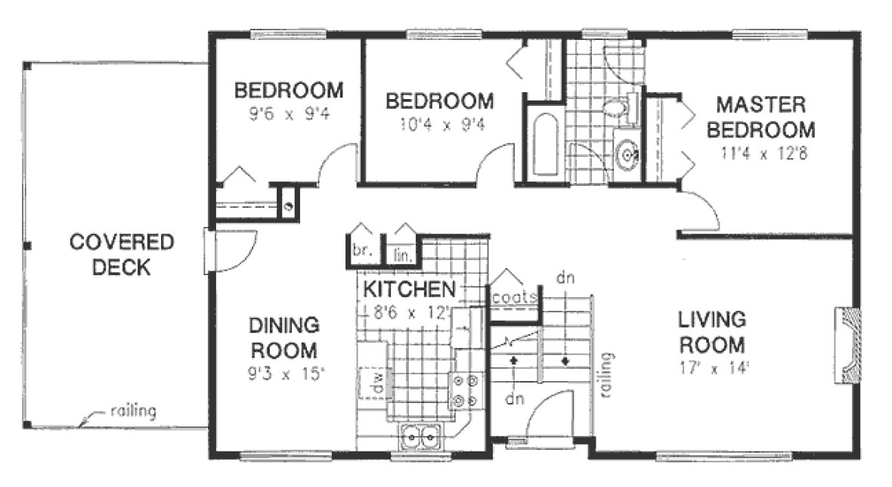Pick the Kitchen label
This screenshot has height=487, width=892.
[x=409, y=289]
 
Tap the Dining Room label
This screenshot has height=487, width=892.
[x=283, y=338]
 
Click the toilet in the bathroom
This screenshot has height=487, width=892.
[x=621, y=110]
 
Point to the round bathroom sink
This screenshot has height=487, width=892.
[x=627, y=155]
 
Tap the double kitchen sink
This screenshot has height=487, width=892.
[x=419, y=437]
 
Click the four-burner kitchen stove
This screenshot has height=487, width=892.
[x=465, y=391]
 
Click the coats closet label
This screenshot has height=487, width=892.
[x=515, y=296]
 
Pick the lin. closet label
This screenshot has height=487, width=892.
[x=401, y=256]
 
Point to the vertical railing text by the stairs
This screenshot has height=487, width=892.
[x=606, y=375]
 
